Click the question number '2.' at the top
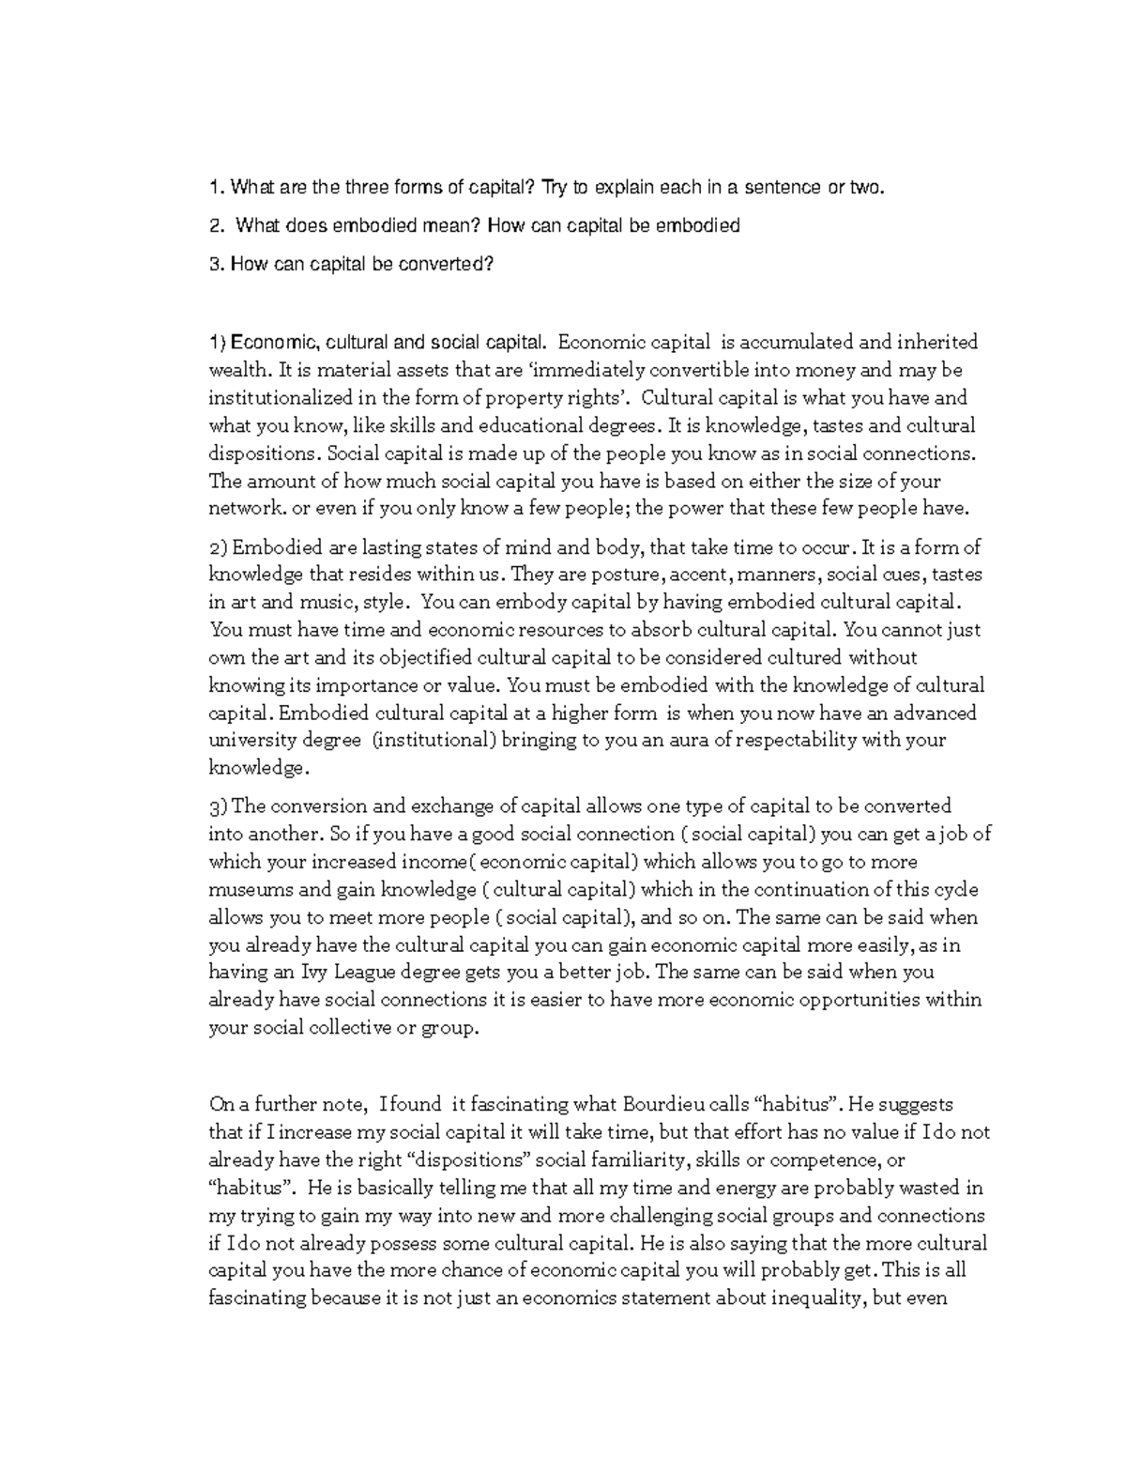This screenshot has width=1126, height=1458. (x=218, y=225)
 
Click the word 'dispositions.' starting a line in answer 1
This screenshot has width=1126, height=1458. (x=264, y=453)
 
